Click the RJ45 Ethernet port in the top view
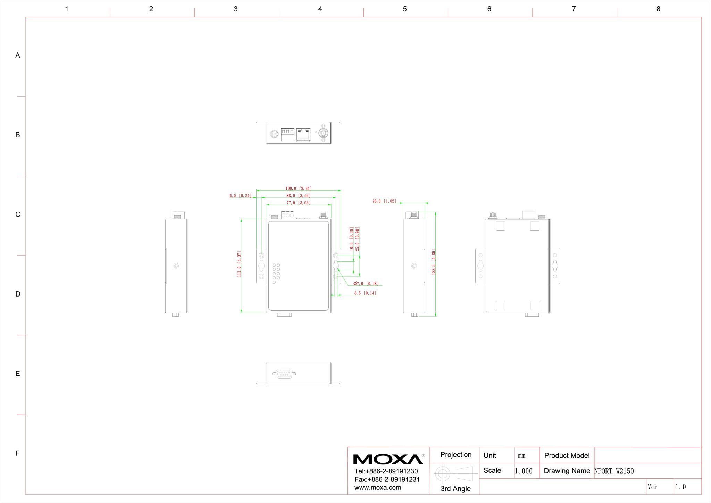(x=303, y=135)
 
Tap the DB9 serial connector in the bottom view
(x=284, y=374)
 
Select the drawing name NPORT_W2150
(x=614, y=471)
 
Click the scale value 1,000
(x=524, y=471)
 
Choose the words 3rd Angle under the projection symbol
(x=456, y=489)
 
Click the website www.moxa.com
(x=378, y=488)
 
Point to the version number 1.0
(x=680, y=487)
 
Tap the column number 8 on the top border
(x=658, y=9)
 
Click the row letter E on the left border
(x=18, y=374)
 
